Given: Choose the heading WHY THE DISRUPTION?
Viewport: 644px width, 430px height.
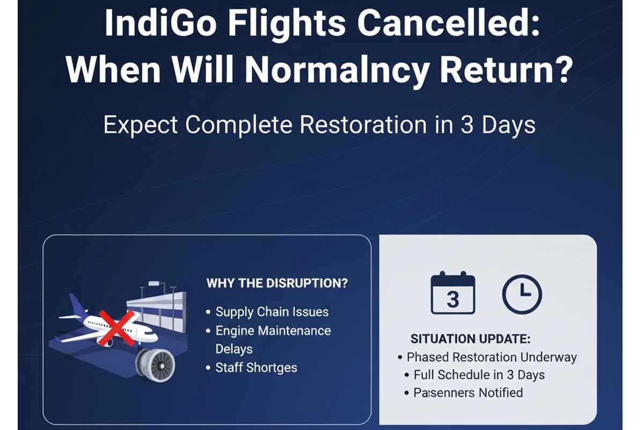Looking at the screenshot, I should pyautogui.click(x=277, y=283).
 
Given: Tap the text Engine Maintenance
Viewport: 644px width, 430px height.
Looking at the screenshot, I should pyautogui.click(x=273, y=331).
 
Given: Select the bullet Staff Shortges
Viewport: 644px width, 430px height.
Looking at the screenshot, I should pyautogui.click(x=256, y=368).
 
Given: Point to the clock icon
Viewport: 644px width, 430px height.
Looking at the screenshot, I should pyautogui.click(x=522, y=294).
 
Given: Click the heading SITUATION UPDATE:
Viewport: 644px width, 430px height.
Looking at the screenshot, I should pyautogui.click(x=470, y=339).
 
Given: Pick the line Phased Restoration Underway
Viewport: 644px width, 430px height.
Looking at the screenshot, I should pyautogui.click(x=491, y=357).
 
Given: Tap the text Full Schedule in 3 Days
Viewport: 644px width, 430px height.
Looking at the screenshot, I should pyautogui.click(x=479, y=375).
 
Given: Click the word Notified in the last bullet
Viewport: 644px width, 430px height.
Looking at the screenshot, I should pyautogui.click(x=494, y=392).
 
